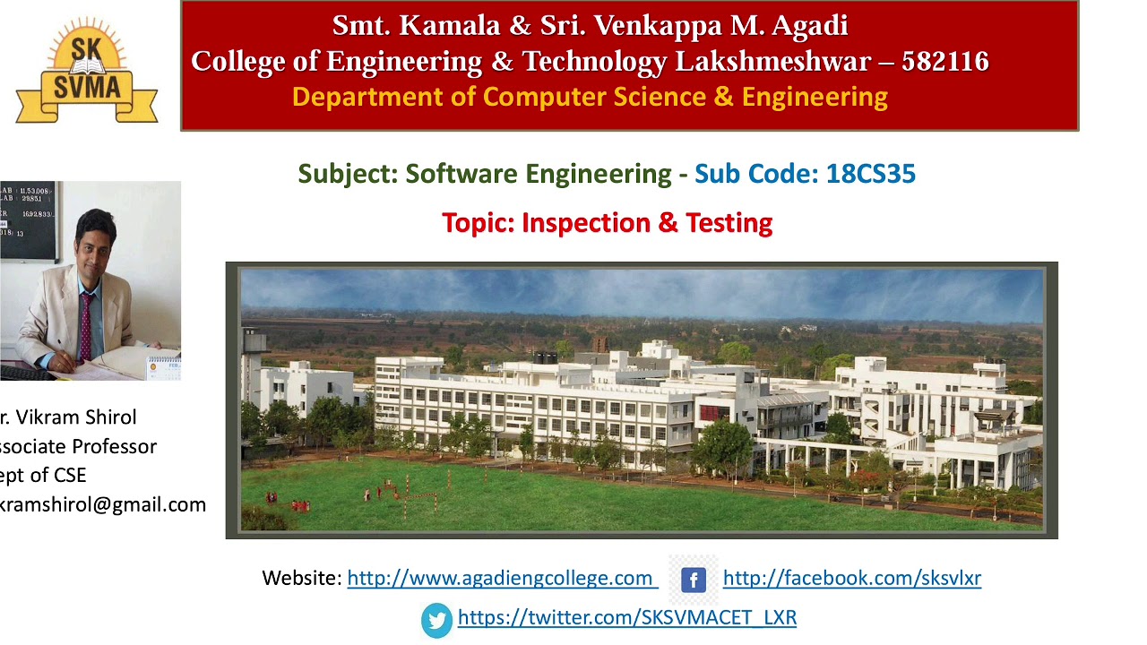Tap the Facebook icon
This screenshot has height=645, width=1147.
[x=693, y=580]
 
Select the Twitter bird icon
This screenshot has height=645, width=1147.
[x=437, y=619]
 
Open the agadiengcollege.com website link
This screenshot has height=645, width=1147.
[x=502, y=579]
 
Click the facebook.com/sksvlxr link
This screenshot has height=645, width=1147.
[x=851, y=579]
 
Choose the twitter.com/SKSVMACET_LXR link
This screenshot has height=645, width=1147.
[x=626, y=617]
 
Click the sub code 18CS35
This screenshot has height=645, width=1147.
[x=870, y=174]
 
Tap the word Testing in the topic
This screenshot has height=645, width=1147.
[x=729, y=223]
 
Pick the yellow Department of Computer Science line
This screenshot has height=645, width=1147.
[x=590, y=97]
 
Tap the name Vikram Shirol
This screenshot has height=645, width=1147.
[x=76, y=417]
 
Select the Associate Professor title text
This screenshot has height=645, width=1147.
[x=78, y=446]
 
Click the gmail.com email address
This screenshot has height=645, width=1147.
[x=102, y=504]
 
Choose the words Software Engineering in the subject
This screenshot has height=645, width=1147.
[x=538, y=174]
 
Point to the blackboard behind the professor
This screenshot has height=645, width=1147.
[x=27, y=215]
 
